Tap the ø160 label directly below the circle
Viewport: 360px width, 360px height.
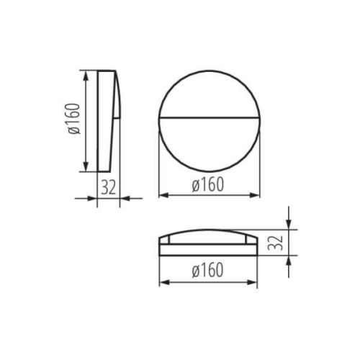click(209, 184)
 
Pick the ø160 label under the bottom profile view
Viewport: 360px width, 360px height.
click(209, 271)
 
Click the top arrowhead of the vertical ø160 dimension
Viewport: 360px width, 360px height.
click(87, 73)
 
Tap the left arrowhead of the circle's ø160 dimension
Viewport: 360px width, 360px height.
click(161, 195)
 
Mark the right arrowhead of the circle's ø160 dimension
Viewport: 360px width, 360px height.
click(257, 195)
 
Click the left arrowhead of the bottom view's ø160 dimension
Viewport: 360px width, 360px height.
click(161, 282)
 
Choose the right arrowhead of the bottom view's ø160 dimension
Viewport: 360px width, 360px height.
click(257, 282)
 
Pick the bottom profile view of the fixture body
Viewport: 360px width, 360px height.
click(209, 244)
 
